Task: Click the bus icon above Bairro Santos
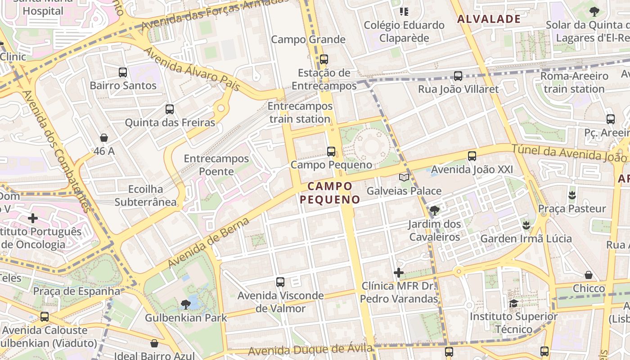pyautogui.click(x=122, y=72)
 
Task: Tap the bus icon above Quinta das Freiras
pyautogui.click(x=169, y=109)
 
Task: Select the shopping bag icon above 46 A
pyautogui.click(x=104, y=138)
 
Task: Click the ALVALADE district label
pyautogui.click(x=489, y=19)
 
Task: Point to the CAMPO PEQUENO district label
pyautogui.click(x=330, y=193)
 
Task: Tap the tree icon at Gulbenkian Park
pyautogui.click(x=185, y=305)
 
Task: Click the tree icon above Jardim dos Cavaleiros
pyautogui.click(x=434, y=210)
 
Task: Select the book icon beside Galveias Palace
pyautogui.click(x=404, y=177)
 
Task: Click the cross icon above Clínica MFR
pyautogui.click(x=398, y=273)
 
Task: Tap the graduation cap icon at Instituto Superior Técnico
pyautogui.click(x=513, y=303)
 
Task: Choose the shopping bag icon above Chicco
pyautogui.click(x=589, y=275)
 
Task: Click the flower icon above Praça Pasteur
pyautogui.click(x=572, y=195)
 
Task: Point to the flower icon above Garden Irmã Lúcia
pyautogui.click(x=526, y=225)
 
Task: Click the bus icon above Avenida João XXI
pyautogui.click(x=472, y=156)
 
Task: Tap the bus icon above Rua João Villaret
pyautogui.click(x=458, y=76)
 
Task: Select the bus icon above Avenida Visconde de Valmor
pyautogui.click(x=280, y=282)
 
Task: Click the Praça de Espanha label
pyautogui.click(x=76, y=291)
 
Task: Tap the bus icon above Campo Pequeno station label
pyautogui.click(x=331, y=151)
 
